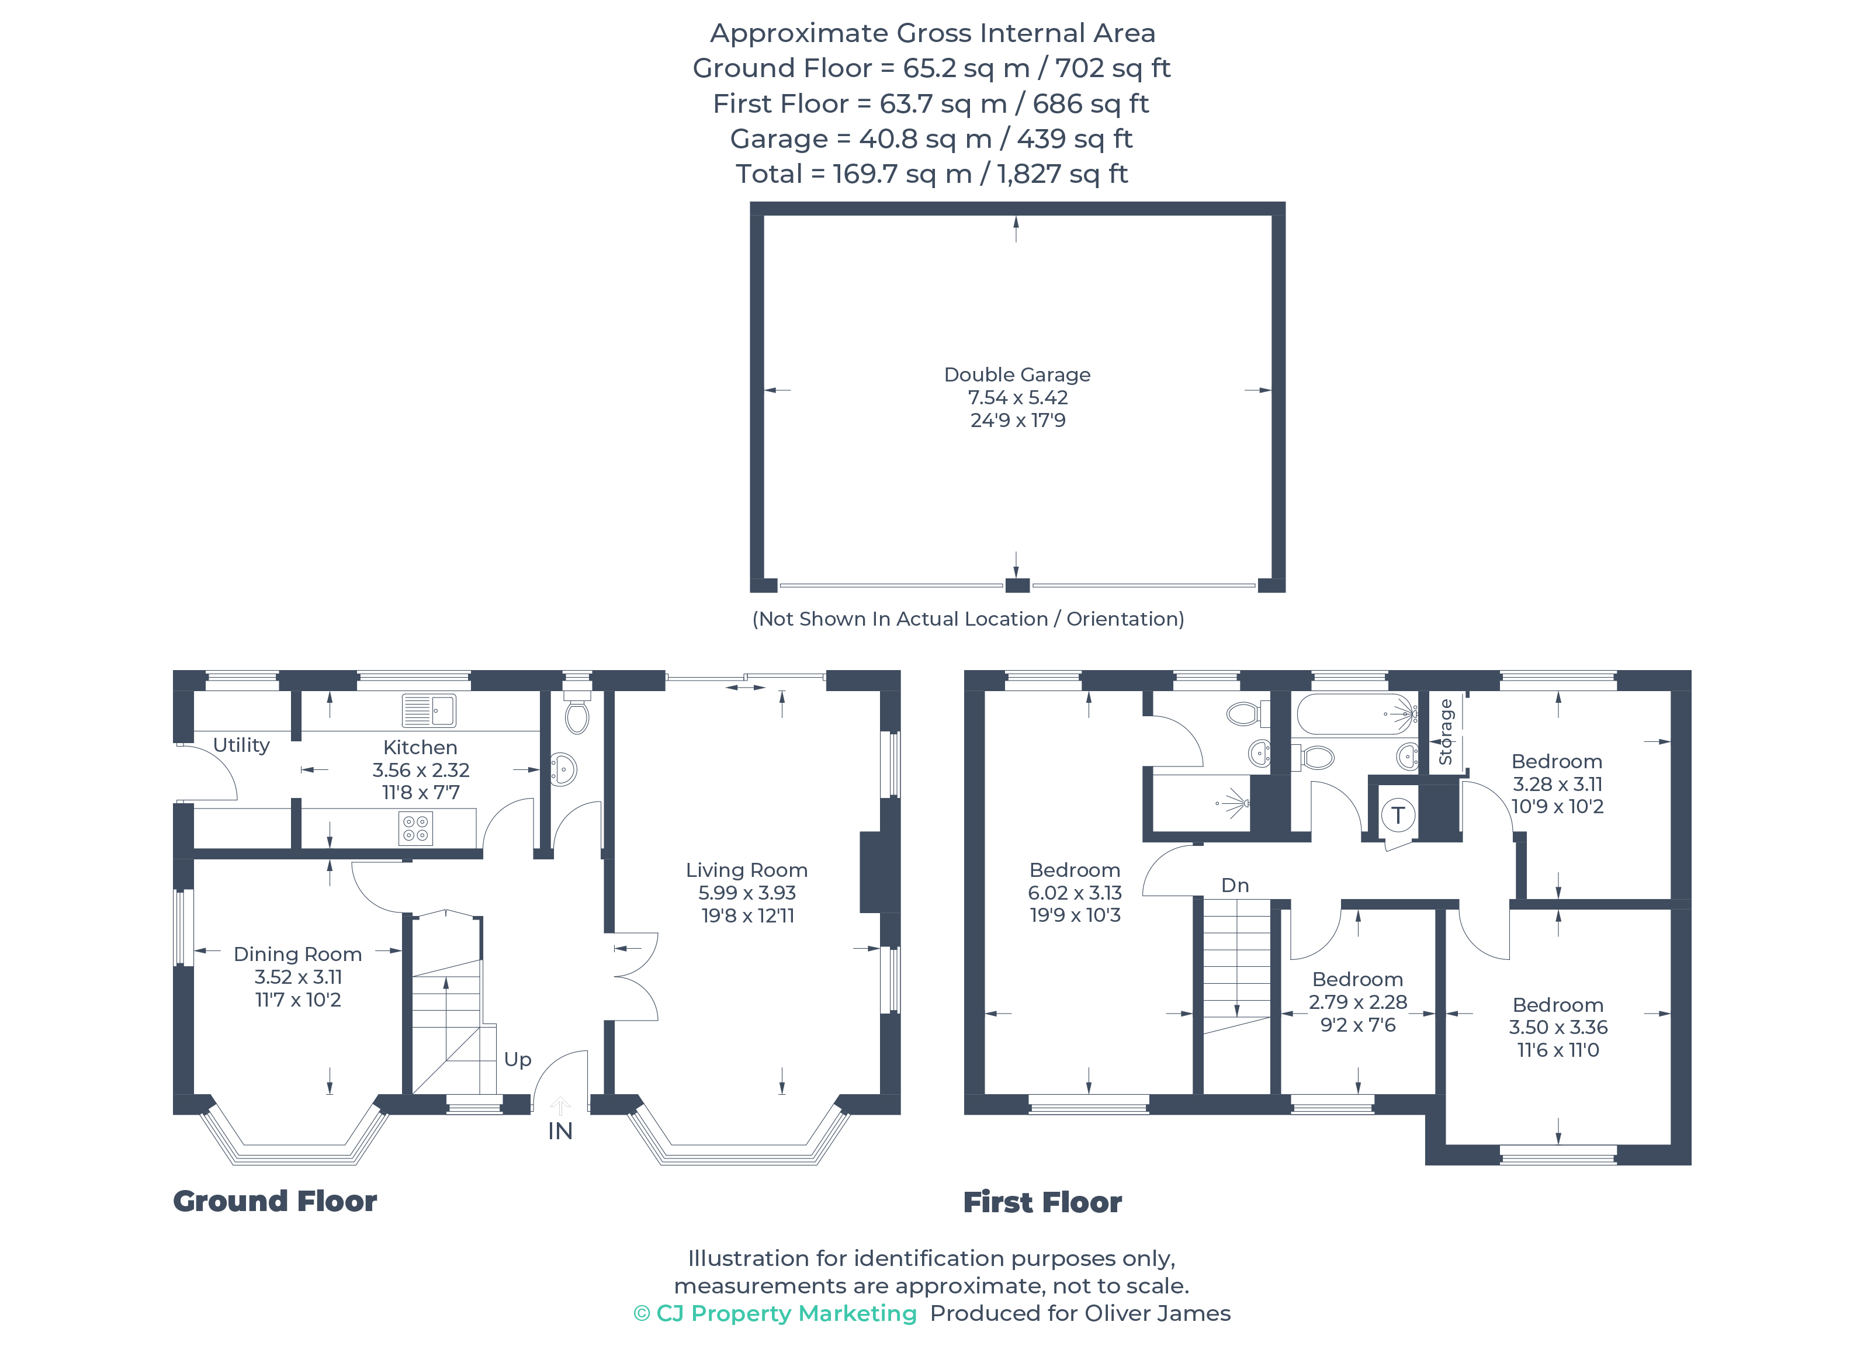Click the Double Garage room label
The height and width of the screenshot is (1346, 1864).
(x=1017, y=374)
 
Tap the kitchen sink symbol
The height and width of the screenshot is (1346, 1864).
(x=428, y=711)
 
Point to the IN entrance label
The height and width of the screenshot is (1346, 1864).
(x=560, y=1132)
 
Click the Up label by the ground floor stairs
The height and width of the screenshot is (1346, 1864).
(x=518, y=1060)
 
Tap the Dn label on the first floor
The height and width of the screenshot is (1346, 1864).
(x=1235, y=885)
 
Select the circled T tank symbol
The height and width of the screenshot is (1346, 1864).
(x=1397, y=816)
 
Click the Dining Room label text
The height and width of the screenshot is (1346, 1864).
(x=297, y=954)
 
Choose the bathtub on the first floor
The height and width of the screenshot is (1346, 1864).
(x=1357, y=714)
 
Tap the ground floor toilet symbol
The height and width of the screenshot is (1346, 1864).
(x=577, y=713)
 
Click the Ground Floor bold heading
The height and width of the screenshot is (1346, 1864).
(x=275, y=1201)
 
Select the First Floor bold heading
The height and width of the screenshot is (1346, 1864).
(x=1042, y=1202)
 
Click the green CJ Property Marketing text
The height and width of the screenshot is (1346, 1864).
(x=775, y=1313)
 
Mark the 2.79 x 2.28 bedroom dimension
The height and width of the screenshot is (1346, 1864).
(x=1358, y=1002)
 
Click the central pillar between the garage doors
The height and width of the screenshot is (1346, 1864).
(x=1017, y=585)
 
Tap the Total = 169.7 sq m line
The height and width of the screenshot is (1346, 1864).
(x=931, y=174)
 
